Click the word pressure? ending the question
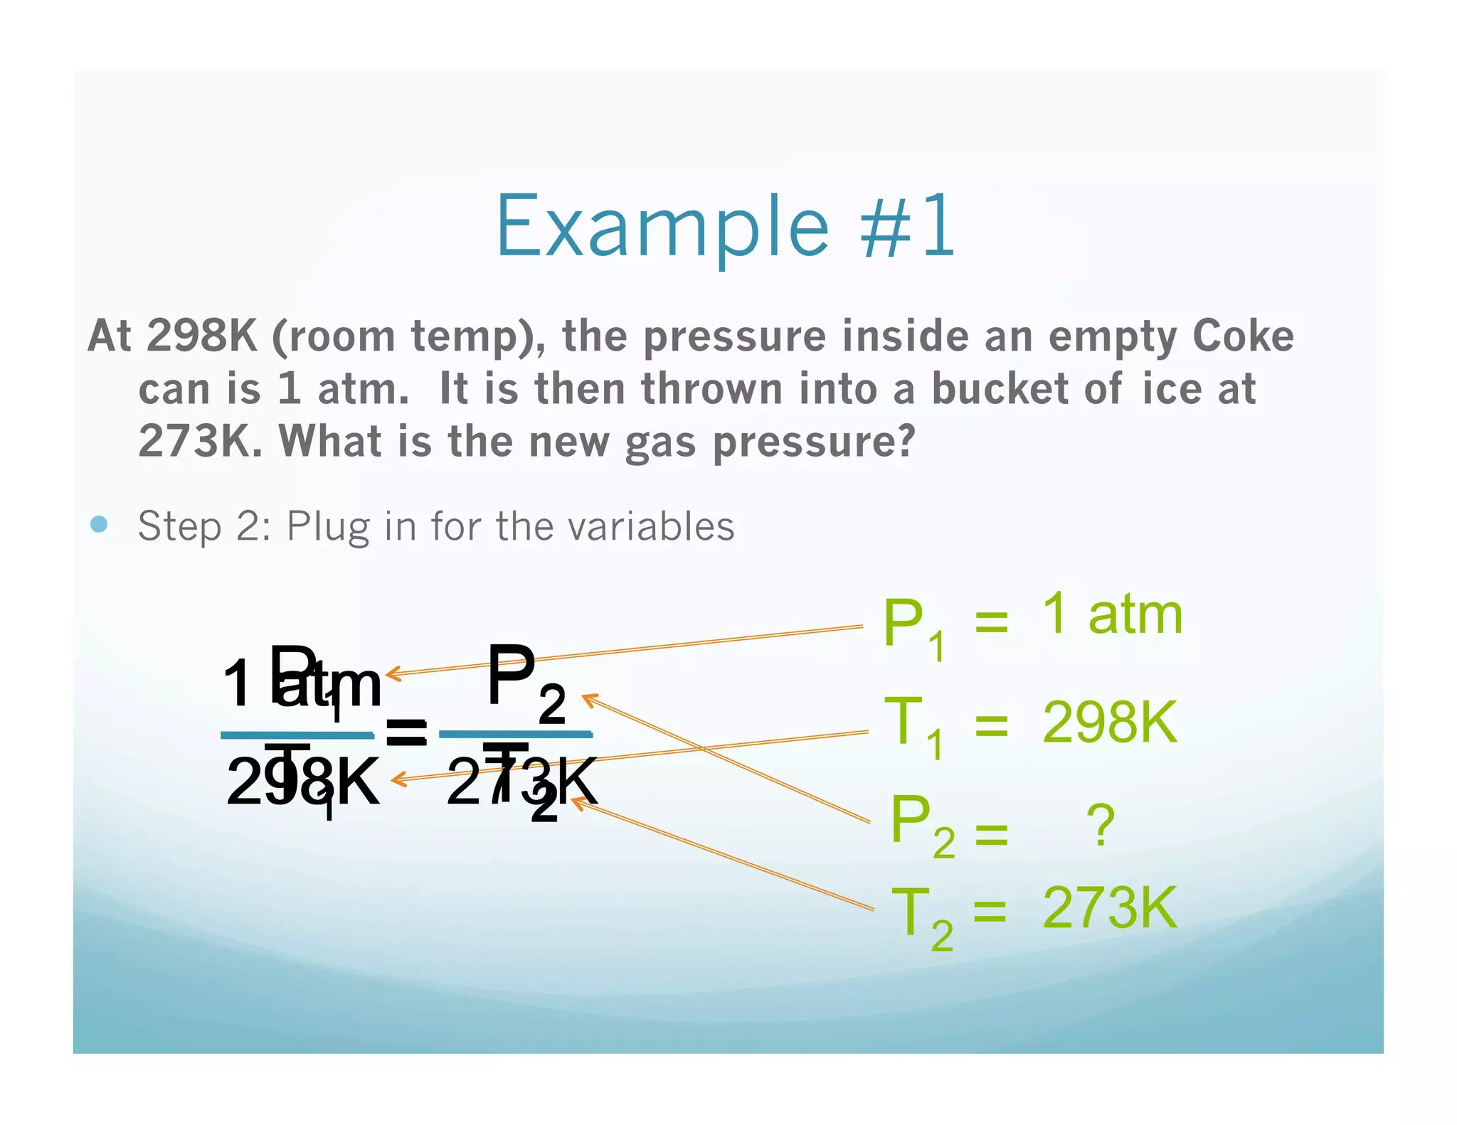(x=814, y=443)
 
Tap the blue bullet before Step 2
(x=100, y=525)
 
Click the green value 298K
(x=1110, y=723)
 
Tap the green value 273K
(x=1110, y=908)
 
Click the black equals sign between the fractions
(x=406, y=732)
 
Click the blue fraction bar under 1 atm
(x=297, y=735)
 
